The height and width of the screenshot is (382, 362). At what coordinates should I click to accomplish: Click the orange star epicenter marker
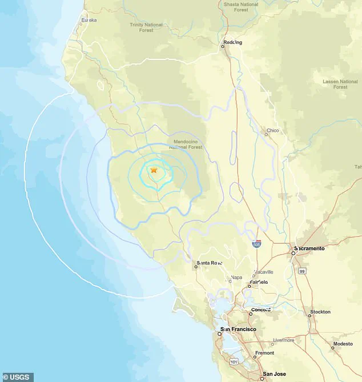tap(154, 170)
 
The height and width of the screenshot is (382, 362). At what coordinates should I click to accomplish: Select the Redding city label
tap(233, 42)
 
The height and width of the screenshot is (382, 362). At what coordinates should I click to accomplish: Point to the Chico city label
tap(272, 131)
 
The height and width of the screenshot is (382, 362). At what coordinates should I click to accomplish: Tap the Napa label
tap(236, 278)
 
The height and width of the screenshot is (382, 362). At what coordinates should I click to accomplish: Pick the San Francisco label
tap(239, 329)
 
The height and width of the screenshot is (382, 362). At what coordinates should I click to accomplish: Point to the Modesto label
tap(343, 344)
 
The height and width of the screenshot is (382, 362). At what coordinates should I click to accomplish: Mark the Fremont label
tap(264, 353)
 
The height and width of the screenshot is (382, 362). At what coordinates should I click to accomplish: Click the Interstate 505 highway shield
tap(259, 244)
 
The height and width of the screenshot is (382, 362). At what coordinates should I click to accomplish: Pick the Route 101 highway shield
tap(233, 361)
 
